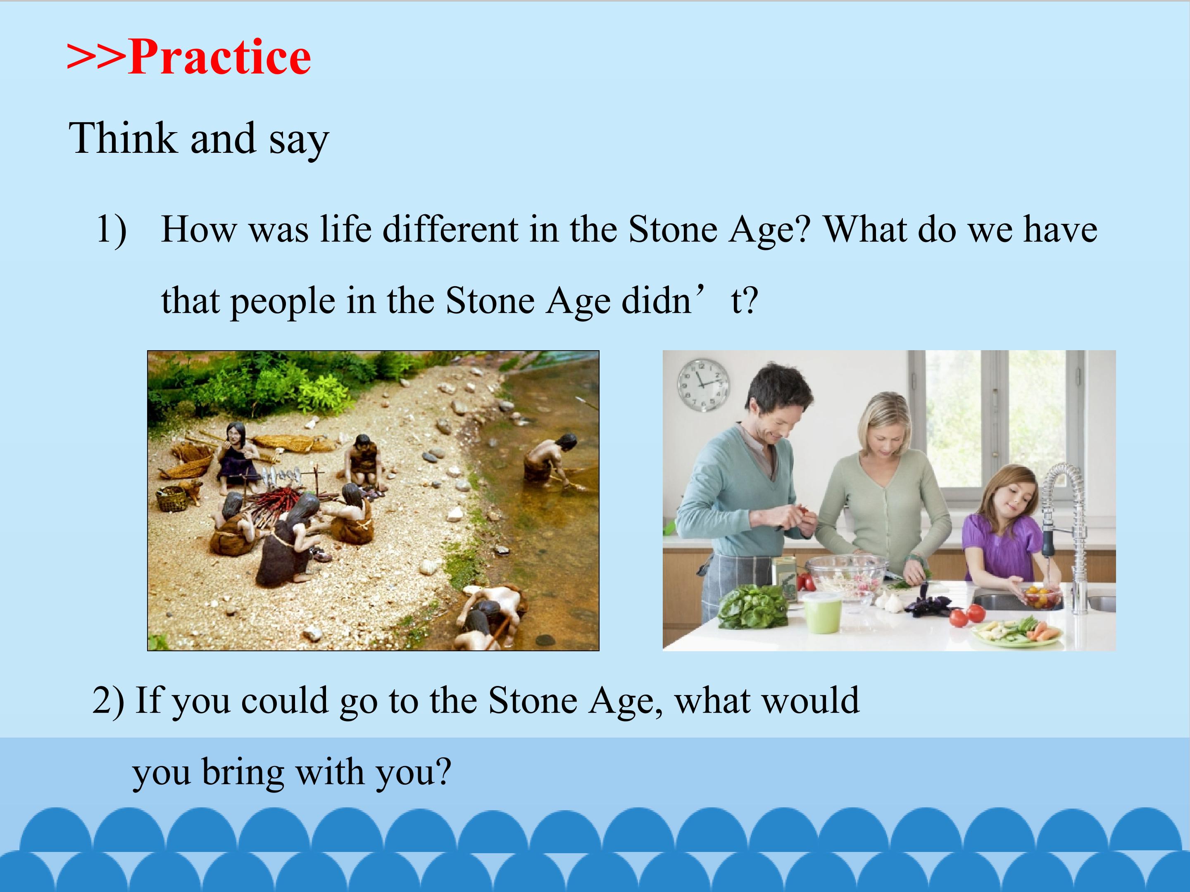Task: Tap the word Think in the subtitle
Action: [123, 138]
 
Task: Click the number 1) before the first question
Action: [112, 230]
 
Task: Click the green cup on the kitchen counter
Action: [822, 613]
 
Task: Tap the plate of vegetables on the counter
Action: [1017, 632]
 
